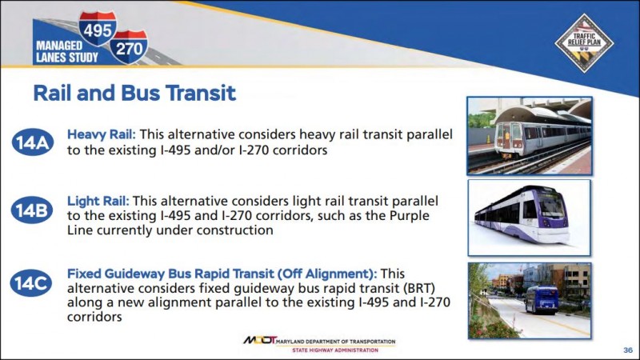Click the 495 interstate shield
point(98,28)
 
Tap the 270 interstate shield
point(129,47)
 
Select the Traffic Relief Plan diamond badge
point(584,43)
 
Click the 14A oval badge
point(33,142)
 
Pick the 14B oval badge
point(32,210)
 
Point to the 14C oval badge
point(31,283)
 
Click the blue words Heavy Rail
point(102,134)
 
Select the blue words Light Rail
point(98,201)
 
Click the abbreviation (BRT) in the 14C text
point(419,288)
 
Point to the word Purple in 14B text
point(410,216)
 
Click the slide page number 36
point(628,350)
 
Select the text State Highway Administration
point(335,350)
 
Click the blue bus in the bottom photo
point(542,299)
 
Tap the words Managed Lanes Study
point(67,51)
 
